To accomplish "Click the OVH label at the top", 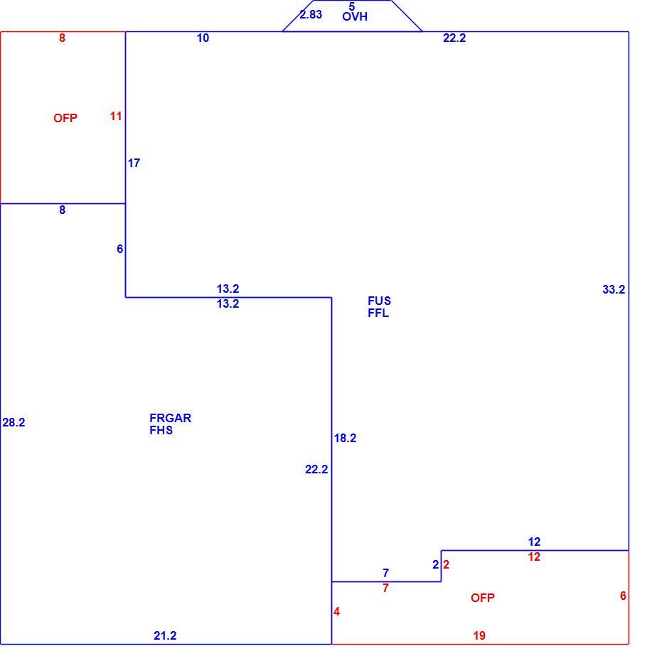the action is pos(355,17).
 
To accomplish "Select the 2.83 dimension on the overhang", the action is pos(311,14).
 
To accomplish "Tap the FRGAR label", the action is pos(171,418).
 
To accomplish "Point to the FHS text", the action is pos(161,431).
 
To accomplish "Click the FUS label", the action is pos(379,301).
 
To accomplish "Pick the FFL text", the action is pos(378,313).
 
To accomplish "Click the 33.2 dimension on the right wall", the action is pos(614,289).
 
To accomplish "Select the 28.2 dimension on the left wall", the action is pos(14,422).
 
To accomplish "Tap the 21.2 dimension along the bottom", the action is pos(165,635).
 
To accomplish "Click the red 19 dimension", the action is pos(479,635).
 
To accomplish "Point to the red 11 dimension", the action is pos(116,117).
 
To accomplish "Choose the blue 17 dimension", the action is pos(134,163).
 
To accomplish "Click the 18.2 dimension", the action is pos(345,439).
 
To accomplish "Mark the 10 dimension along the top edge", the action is pos(203,38).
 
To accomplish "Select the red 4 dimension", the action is pos(336,612).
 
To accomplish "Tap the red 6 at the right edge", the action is pos(623,596).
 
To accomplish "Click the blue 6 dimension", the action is pos(119,249).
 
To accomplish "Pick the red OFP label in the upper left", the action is pos(65,119).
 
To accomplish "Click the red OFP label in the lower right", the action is pos(483,598).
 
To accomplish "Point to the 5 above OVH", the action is pos(352,6).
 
